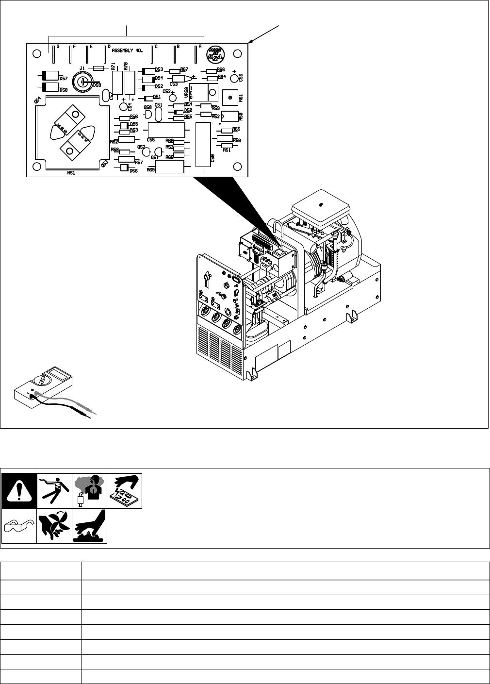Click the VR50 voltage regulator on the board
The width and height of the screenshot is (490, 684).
pos(206,91)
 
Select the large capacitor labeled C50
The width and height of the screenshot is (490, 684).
pos(203,144)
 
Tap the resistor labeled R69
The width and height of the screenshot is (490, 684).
pos(169,166)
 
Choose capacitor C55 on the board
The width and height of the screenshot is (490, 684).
pos(166,130)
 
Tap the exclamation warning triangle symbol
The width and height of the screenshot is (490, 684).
pos(18,490)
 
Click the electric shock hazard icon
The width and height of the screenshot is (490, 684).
pos(54,490)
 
